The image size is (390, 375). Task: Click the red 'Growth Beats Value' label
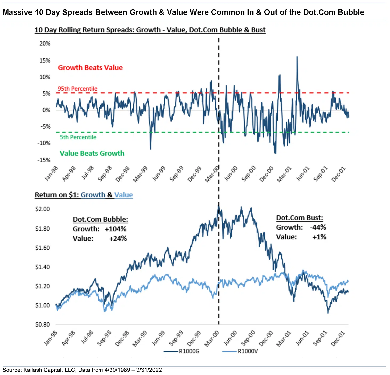coord(90,68)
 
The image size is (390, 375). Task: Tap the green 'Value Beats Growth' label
coord(92,153)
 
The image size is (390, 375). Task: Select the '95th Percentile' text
coord(77,89)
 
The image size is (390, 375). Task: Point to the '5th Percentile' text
coord(78,137)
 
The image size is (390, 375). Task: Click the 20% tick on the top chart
coord(45,43)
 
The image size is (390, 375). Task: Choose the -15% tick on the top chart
coord(44,160)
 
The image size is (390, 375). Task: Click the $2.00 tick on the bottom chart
coord(43,209)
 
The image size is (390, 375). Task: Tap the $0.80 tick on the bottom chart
coord(43,324)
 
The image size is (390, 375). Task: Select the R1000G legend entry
coord(189,351)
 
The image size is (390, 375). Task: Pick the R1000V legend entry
coord(248,351)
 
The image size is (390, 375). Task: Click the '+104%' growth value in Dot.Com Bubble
coord(116,229)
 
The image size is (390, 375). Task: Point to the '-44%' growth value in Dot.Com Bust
coord(318,227)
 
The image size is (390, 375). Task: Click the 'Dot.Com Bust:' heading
coord(299,218)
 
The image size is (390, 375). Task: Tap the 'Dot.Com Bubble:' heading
coord(100,219)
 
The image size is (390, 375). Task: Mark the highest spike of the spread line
coord(297,57)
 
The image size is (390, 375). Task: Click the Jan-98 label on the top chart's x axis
coord(51,173)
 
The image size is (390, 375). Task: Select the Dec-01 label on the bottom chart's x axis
coord(338,338)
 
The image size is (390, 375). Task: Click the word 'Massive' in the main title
coord(17,12)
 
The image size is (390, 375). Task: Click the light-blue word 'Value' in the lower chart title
coord(124,195)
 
